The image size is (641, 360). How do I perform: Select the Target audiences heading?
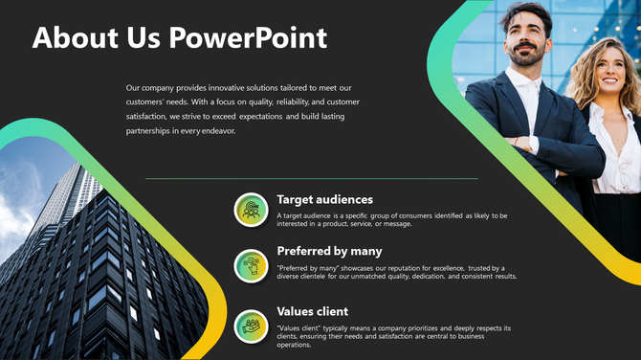coord(324,199)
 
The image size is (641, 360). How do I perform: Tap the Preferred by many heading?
coord(329,252)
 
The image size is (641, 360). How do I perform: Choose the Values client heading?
coord(312,311)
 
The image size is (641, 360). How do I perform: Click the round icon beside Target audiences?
coord(251,209)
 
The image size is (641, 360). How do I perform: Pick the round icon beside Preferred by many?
coord(251,265)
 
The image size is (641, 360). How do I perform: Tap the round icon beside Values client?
coord(251,325)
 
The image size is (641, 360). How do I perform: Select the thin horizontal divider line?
coord(311,178)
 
